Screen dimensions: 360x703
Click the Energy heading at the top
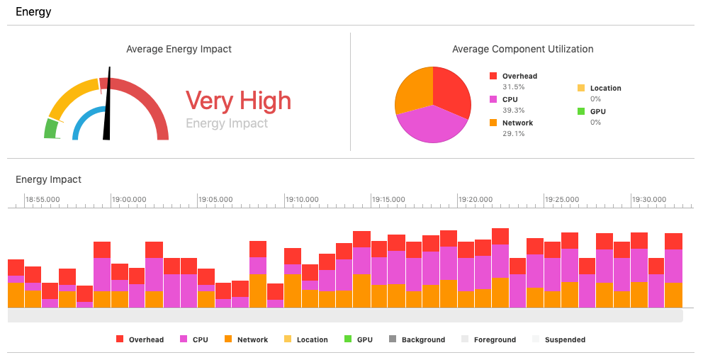pos(33,12)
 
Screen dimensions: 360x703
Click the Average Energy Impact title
pos(179,49)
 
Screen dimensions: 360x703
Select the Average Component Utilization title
pos(522,49)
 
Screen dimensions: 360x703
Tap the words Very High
pos(238,101)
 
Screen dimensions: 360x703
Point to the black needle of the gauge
pos(108,106)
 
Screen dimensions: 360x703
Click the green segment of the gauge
pos(50,129)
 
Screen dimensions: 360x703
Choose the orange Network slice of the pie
pos(413,89)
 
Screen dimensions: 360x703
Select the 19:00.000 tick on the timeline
pos(130,199)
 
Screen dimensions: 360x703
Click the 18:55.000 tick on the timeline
pos(43,199)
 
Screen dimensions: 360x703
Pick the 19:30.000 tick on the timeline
pos(649,199)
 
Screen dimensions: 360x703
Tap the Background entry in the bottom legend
pos(423,339)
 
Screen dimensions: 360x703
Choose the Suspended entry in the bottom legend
pos(565,339)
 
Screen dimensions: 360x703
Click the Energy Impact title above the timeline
pos(48,179)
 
